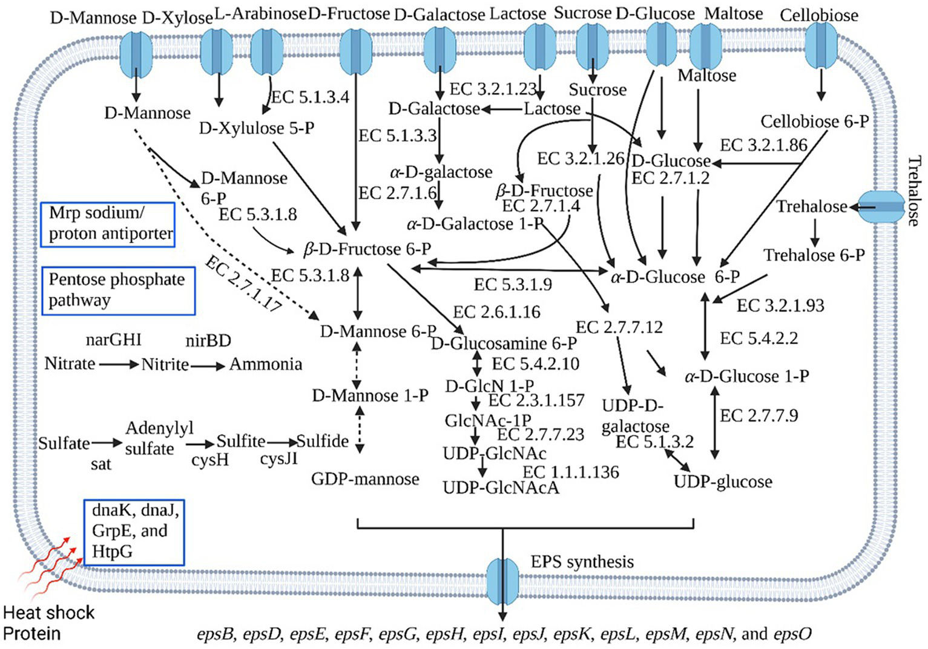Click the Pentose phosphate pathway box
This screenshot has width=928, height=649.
119,290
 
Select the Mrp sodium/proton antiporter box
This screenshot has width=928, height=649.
108,224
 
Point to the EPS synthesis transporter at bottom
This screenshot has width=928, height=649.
502,577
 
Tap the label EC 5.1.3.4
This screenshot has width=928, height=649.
310,97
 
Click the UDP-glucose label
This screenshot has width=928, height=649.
723,482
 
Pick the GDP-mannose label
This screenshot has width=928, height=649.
365,479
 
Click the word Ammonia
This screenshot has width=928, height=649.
265,364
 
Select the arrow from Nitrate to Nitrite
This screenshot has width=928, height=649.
118,365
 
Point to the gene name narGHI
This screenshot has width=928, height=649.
113,340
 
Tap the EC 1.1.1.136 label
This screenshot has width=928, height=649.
570,472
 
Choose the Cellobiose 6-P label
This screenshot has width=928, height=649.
814,122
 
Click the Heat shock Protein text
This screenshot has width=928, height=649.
48,623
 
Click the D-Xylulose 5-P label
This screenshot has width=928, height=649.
257,128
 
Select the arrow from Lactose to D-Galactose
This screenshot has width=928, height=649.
502,109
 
